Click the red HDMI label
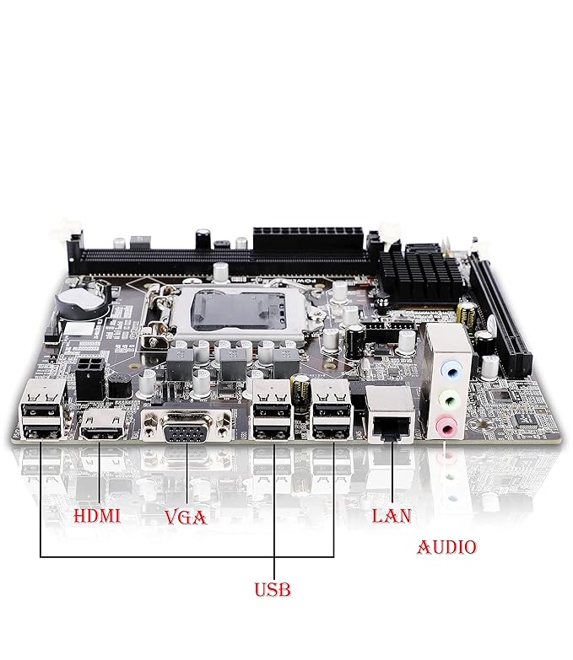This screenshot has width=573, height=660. point(97,516)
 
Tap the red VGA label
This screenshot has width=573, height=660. point(186,518)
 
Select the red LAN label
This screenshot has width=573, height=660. point(392,516)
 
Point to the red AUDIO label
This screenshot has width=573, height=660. point(446,547)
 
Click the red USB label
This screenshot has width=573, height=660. point(273,589)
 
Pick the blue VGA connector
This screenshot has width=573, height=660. point(186,427)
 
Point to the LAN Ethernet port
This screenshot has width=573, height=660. point(390,415)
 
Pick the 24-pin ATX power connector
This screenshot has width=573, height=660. point(308,240)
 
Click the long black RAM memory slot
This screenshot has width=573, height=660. point(223,261)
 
